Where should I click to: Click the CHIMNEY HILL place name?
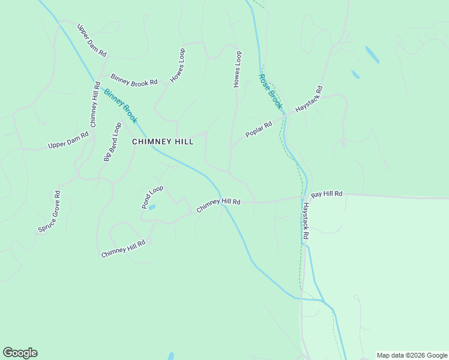coord(163,142)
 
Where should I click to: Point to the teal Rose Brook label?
coord(270,91)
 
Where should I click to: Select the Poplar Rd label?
coord(259,130)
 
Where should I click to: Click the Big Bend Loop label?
coord(112,142)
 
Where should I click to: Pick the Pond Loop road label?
coord(152,197)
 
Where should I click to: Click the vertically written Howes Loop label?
coord(237,70)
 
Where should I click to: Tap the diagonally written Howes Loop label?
coord(178,65)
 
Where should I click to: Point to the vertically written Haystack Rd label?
coord(305,221)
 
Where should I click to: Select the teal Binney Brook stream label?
coord(120,106)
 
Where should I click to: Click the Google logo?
coord(20,353)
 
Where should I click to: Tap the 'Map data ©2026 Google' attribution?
coord(412,355)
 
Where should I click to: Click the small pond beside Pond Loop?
coord(152,207)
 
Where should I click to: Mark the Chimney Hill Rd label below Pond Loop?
coord(123,249)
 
